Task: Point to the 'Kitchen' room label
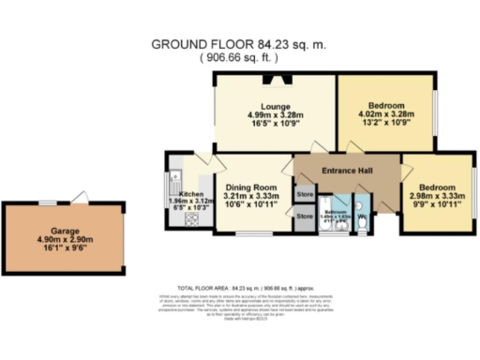coord(191,195)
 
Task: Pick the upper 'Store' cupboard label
coord(305,195)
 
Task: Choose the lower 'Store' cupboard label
coord(305,216)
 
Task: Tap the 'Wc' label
coord(361,217)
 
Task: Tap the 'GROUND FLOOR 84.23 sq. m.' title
coord(239,44)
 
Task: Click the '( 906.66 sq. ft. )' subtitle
coord(239,58)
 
